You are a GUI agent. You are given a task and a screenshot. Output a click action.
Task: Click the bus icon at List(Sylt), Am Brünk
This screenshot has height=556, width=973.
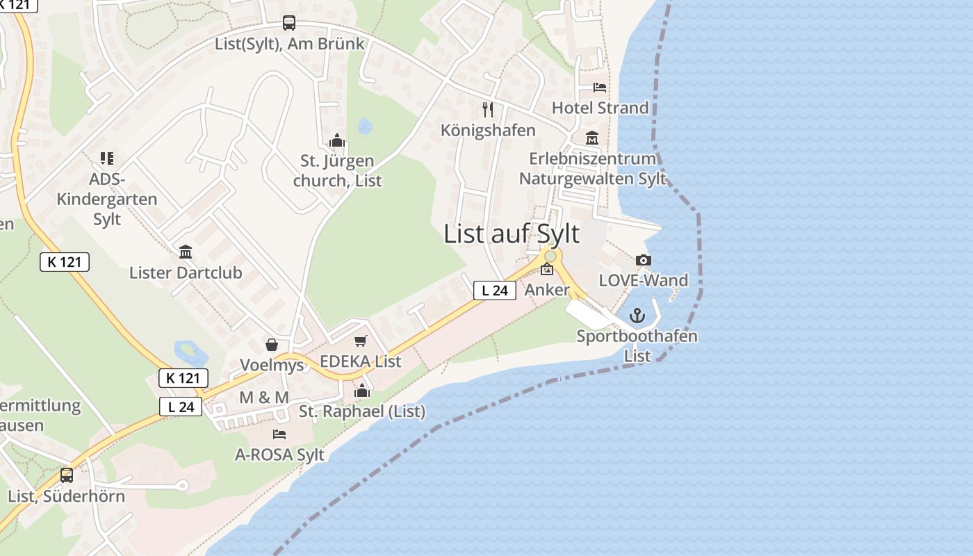pyautogui.click(x=289, y=23)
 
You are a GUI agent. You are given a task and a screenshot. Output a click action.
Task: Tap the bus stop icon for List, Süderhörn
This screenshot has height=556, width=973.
pyautogui.click(x=67, y=475)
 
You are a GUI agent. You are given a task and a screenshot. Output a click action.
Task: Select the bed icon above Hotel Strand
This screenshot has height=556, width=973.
pyautogui.click(x=600, y=88)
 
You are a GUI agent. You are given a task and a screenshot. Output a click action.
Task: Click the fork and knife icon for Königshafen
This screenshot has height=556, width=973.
pyautogui.click(x=488, y=110)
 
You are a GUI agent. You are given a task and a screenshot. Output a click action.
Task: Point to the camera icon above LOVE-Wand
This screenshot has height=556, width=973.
pyautogui.click(x=644, y=261)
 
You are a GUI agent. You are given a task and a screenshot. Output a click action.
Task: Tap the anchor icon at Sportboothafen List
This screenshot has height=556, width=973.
pyautogui.click(x=637, y=316)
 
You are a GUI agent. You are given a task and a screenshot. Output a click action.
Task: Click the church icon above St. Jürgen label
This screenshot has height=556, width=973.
pyautogui.click(x=337, y=141)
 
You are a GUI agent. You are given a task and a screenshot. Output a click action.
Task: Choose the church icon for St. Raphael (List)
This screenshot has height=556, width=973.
pyautogui.click(x=361, y=391)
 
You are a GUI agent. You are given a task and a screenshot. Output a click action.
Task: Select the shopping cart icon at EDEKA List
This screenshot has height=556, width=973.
pyautogui.click(x=360, y=341)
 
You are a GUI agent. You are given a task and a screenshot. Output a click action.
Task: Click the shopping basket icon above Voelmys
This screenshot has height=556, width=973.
pyautogui.click(x=272, y=345)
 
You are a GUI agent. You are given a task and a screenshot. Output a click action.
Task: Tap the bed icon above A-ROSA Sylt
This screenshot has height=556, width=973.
pyautogui.click(x=279, y=434)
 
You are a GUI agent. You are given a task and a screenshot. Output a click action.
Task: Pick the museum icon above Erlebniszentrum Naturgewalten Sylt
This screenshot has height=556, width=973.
pyautogui.click(x=592, y=138)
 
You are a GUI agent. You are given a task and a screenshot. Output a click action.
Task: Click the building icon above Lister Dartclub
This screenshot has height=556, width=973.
pyautogui.click(x=186, y=252)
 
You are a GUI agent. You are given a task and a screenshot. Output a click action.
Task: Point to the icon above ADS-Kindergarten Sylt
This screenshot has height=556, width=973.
pyautogui.click(x=106, y=158)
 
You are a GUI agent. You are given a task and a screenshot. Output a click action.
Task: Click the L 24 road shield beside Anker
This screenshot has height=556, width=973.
pyautogui.click(x=495, y=291)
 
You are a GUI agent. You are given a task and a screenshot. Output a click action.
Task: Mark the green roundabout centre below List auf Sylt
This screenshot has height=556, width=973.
pyautogui.click(x=550, y=256)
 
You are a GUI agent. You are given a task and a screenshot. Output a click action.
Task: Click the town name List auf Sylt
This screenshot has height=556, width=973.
pyautogui.click(x=512, y=234)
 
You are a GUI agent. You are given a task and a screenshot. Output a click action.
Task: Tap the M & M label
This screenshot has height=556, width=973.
pyautogui.click(x=264, y=398)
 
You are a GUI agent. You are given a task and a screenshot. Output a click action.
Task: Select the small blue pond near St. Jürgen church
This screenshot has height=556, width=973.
pyautogui.click(x=364, y=126)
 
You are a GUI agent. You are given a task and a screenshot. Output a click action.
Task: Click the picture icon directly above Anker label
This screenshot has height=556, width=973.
pyautogui.click(x=547, y=270)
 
